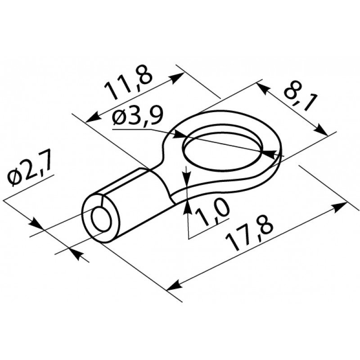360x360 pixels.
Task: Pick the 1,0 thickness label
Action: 212,212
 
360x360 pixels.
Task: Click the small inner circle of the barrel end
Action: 101,219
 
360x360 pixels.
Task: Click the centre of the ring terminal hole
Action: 222,151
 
